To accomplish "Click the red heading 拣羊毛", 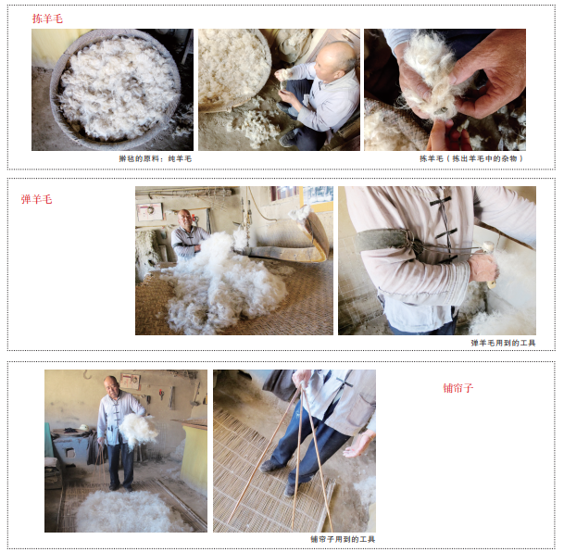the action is tap(47, 19).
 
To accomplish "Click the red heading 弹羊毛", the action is tap(36, 199).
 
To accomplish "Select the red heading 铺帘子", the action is tap(457, 388).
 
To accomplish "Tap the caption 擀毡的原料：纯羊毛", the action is tap(156, 158).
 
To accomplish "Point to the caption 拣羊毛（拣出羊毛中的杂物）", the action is tap(471, 158).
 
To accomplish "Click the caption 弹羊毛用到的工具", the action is tap(503, 343).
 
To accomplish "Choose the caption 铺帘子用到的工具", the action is tap(343, 539).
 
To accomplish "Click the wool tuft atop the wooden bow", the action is tap(299, 213).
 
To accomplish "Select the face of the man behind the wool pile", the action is tap(184, 219).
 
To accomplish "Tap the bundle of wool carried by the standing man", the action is tap(138, 430).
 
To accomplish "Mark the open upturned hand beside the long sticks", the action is tap(357, 445).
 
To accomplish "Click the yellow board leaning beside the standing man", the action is tap(194, 458).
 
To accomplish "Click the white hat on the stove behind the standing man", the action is tap(83, 428).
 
